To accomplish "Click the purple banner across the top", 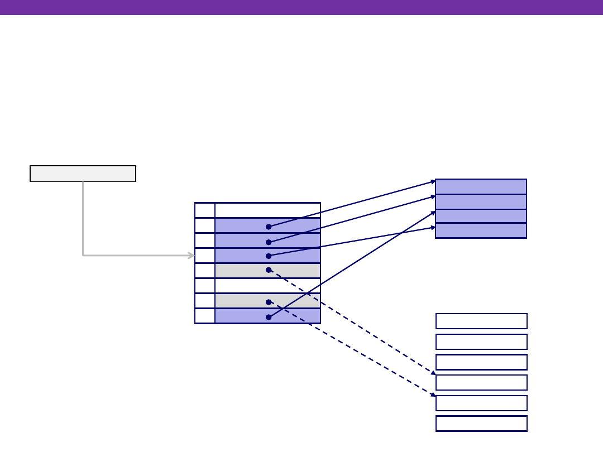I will point(301,7).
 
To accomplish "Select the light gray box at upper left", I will point(83,174).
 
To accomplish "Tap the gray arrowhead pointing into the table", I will point(192,256).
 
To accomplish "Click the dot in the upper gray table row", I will point(269,270).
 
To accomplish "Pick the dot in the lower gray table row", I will point(269,302).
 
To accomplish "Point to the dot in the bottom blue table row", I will point(269,317).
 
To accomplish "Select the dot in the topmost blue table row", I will point(269,227).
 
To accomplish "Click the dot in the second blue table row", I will point(269,242).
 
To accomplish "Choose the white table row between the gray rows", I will point(267,286).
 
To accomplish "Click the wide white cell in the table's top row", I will point(267,210).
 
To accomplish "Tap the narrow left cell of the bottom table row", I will point(205,316).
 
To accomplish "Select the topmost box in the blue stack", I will point(481,186).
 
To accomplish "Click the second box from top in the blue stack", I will point(481,201).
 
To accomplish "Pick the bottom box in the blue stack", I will point(481,230).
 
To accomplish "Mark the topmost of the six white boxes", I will point(481,321).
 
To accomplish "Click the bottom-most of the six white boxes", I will point(481,424).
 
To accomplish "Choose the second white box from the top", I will point(481,342).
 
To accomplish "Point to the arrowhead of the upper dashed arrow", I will point(433,373).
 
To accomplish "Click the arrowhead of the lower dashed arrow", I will point(433,395).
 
